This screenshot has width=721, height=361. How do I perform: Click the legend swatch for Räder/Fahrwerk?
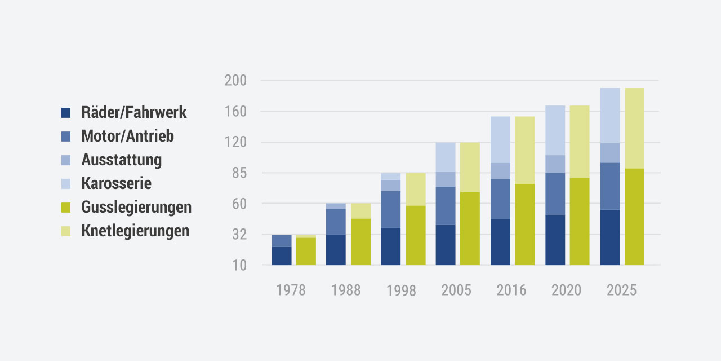[66, 113]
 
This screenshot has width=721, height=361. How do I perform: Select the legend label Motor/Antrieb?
[127, 136]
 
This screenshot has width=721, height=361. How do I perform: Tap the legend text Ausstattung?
[121, 160]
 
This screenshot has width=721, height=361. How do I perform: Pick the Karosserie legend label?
[116, 183]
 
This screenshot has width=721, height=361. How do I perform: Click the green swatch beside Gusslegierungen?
[66, 208]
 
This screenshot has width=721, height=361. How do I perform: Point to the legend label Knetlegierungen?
[135, 231]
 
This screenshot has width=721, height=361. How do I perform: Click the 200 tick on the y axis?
[235, 81]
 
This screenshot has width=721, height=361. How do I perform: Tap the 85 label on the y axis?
[239, 173]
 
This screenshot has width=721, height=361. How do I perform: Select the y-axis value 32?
[239, 235]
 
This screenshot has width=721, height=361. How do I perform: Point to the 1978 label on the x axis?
[291, 290]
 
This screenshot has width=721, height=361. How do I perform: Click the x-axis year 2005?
[456, 290]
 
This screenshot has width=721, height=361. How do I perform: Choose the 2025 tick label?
[621, 290]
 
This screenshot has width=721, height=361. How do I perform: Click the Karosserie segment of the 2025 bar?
[610, 116]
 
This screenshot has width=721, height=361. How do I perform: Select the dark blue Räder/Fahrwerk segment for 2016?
[500, 241]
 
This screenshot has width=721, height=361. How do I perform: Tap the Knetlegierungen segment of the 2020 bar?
[580, 142]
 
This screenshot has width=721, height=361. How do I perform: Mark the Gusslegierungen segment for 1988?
[361, 241]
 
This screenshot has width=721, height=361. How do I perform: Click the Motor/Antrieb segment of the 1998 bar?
[390, 209]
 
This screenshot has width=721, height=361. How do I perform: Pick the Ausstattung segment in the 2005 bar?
[445, 179]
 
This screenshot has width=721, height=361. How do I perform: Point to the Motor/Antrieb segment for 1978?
[282, 241]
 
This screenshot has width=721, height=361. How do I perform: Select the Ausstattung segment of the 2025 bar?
[610, 153]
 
